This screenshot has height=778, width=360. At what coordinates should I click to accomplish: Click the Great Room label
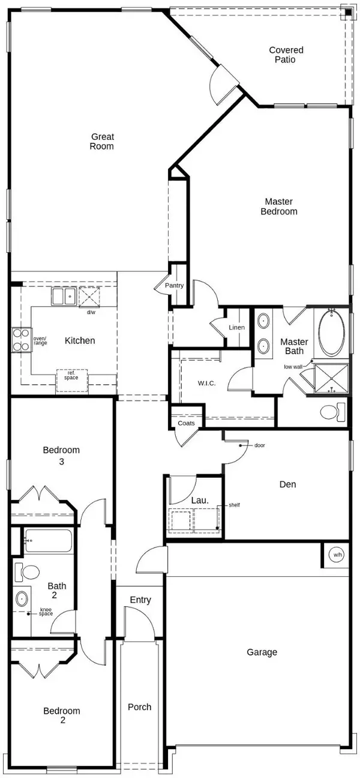(x=102, y=141)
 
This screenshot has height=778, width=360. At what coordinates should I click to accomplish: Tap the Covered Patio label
(x=286, y=55)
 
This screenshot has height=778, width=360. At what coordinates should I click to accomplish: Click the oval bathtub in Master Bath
(x=332, y=333)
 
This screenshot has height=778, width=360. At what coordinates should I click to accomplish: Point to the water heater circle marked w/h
(x=337, y=555)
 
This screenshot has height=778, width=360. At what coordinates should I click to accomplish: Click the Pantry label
(x=175, y=286)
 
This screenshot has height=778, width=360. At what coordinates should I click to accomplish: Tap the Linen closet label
(x=236, y=328)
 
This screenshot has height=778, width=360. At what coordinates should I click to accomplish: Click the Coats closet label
(x=186, y=423)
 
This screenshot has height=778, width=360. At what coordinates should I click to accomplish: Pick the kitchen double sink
(x=63, y=296)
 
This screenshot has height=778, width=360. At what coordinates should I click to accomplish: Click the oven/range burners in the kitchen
(x=21, y=339)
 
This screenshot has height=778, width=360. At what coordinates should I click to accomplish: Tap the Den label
(x=287, y=484)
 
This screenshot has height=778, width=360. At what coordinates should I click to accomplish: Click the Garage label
(x=262, y=651)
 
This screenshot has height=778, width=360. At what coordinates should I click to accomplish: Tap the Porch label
(x=140, y=707)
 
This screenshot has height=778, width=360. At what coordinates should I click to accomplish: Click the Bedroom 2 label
(x=62, y=716)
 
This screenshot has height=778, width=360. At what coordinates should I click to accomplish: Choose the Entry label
(x=140, y=600)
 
